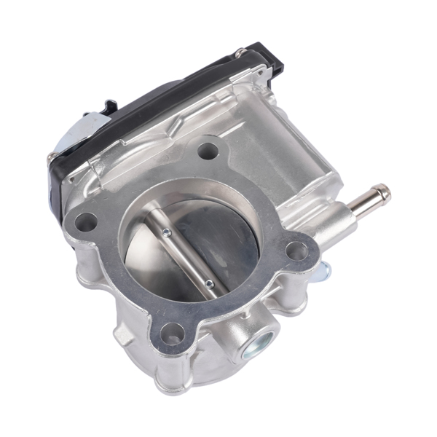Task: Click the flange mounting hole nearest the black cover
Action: coord(208,151)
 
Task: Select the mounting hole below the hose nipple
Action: coord(296,251)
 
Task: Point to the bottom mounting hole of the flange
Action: coord(170,336)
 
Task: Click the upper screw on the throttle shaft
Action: coord(167,233)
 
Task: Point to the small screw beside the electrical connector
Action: coord(238,52)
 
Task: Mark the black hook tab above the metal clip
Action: coord(109,107)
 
